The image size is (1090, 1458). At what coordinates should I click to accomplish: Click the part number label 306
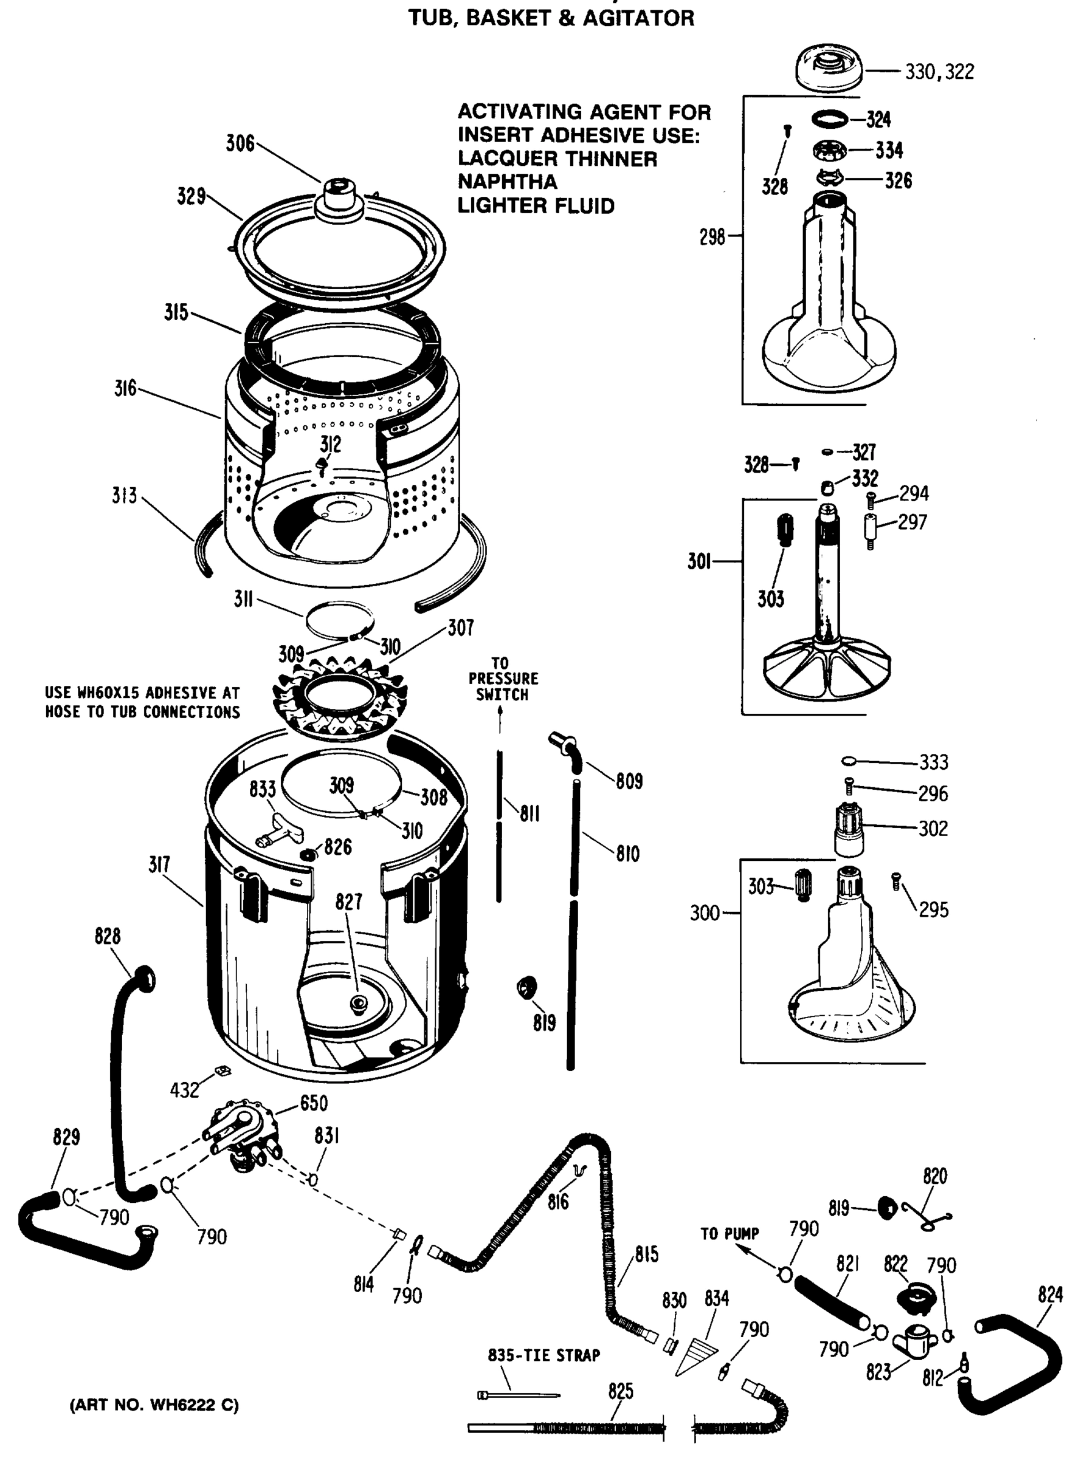click(240, 144)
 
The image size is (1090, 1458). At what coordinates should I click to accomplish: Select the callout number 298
click(712, 237)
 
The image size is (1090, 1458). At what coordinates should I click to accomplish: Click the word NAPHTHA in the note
click(507, 182)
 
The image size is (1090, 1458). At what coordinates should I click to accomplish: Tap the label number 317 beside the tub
click(159, 864)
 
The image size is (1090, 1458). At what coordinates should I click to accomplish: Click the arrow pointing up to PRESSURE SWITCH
click(500, 719)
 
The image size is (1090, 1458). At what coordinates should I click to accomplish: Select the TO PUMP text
click(730, 1234)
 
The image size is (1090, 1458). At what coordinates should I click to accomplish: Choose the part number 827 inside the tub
click(348, 902)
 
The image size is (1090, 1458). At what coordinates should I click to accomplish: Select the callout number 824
click(1050, 1295)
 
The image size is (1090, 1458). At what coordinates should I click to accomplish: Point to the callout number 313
click(124, 496)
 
